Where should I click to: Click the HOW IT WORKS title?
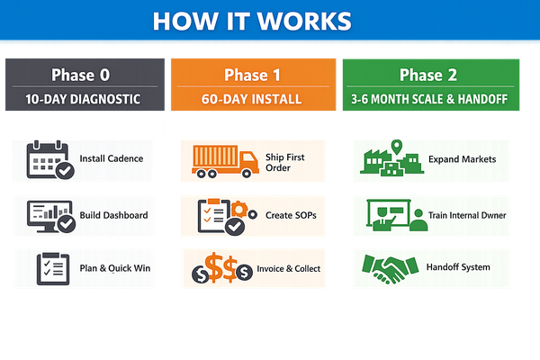pos(251,21)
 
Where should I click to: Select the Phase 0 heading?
pos(83,74)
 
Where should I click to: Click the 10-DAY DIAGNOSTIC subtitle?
pos(83,99)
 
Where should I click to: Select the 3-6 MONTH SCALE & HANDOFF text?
pos(429,99)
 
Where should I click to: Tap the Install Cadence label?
pos(111,159)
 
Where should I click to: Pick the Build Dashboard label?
pos(113,215)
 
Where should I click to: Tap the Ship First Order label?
pos(284,163)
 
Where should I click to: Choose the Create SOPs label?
pos(292,215)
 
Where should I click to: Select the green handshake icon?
pos(389,267)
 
